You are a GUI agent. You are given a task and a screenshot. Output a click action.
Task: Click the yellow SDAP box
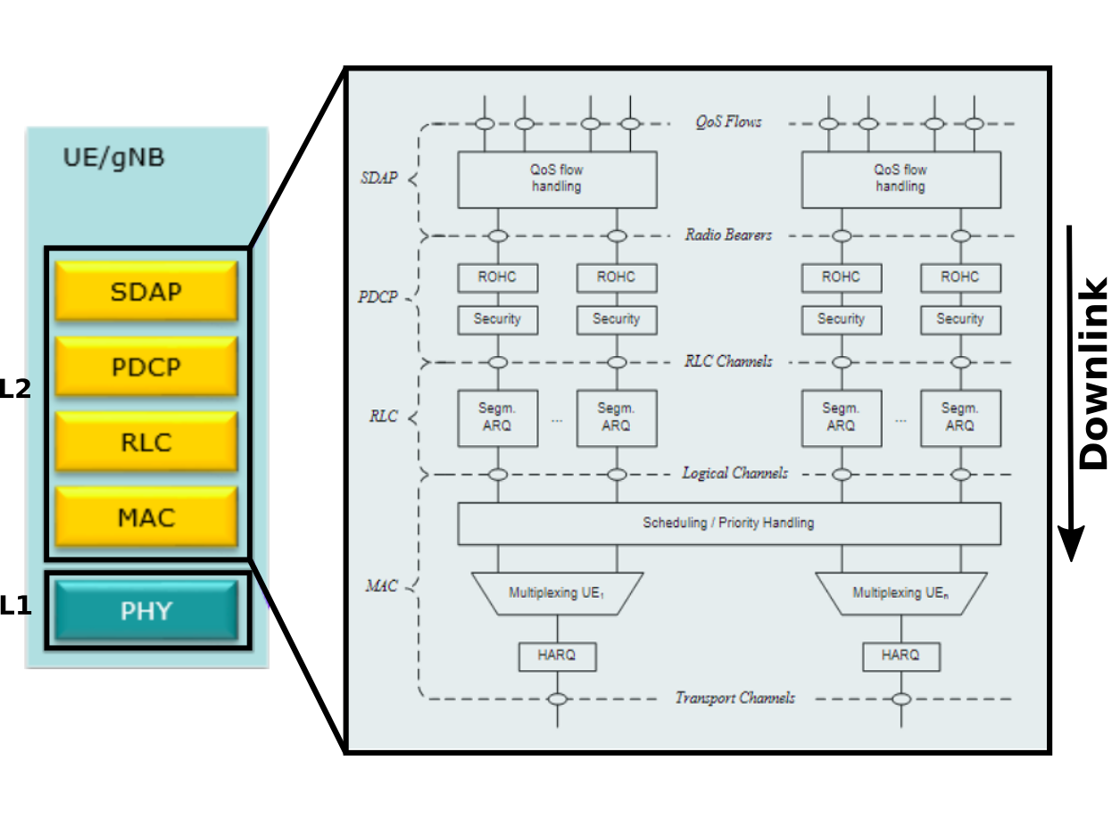[x=146, y=292]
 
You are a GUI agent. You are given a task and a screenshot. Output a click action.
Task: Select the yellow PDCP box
[x=146, y=367]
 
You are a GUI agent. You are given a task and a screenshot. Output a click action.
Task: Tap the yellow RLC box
[x=146, y=442]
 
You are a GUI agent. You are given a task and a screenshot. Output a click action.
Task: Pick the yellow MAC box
[x=146, y=516]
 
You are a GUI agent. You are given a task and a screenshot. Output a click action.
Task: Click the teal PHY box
[x=146, y=611]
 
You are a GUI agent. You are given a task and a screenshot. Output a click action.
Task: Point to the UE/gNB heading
[x=113, y=159]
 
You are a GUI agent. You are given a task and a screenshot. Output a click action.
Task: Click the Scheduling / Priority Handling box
[x=728, y=523]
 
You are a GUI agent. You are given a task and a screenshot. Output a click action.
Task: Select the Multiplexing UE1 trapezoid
[x=557, y=593]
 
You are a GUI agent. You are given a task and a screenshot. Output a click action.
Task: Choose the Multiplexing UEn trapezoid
[x=900, y=593]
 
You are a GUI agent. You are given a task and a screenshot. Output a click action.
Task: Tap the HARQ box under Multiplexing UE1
[x=557, y=656]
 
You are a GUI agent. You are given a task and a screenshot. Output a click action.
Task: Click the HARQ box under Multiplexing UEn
[x=900, y=656]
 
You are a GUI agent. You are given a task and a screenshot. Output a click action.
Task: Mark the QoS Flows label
[x=728, y=122]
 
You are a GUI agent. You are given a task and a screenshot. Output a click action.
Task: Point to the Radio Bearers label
[x=728, y=235]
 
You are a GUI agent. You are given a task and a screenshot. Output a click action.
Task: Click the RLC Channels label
[x=728, y=361]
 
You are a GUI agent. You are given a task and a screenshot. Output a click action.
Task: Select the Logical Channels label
[x=734, y=473]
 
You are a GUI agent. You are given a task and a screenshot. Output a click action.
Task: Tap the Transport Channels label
[x=734, y=698]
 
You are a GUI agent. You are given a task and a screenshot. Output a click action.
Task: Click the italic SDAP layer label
[x=378, y=178]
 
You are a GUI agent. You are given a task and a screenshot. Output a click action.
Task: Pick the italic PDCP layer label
[x=377, y=297]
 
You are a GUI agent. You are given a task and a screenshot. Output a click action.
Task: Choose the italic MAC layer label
[x=381, y=586]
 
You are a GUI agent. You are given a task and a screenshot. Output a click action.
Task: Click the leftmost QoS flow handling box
[x=557, y=178]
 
